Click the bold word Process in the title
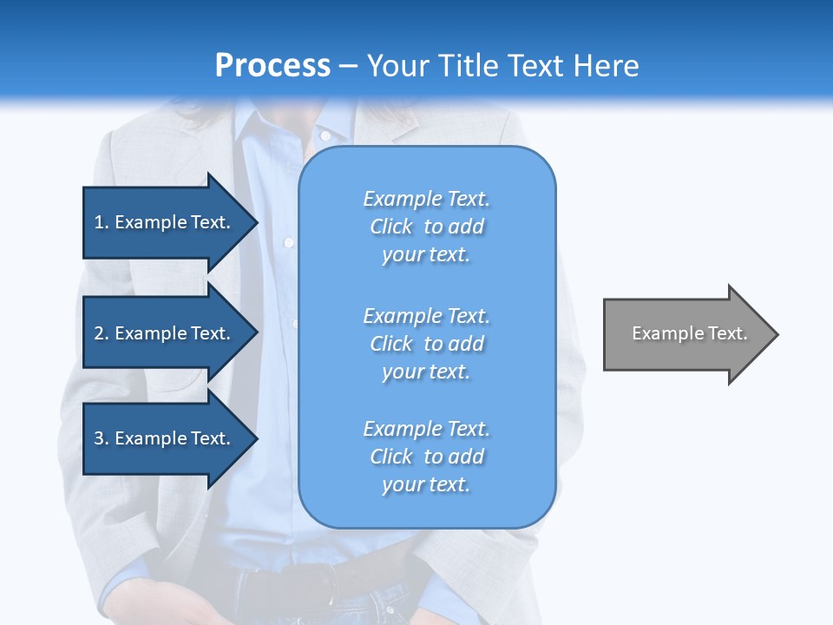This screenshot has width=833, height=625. (272, 65)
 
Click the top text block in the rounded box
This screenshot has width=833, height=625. (426, 227)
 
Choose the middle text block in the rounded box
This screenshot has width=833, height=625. (426, 344)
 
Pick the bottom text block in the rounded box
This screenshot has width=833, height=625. (426, 457)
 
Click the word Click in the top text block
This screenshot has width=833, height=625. (391, 227)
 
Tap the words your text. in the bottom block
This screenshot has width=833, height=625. (426, 484)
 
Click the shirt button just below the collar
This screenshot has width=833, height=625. (324, 135)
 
